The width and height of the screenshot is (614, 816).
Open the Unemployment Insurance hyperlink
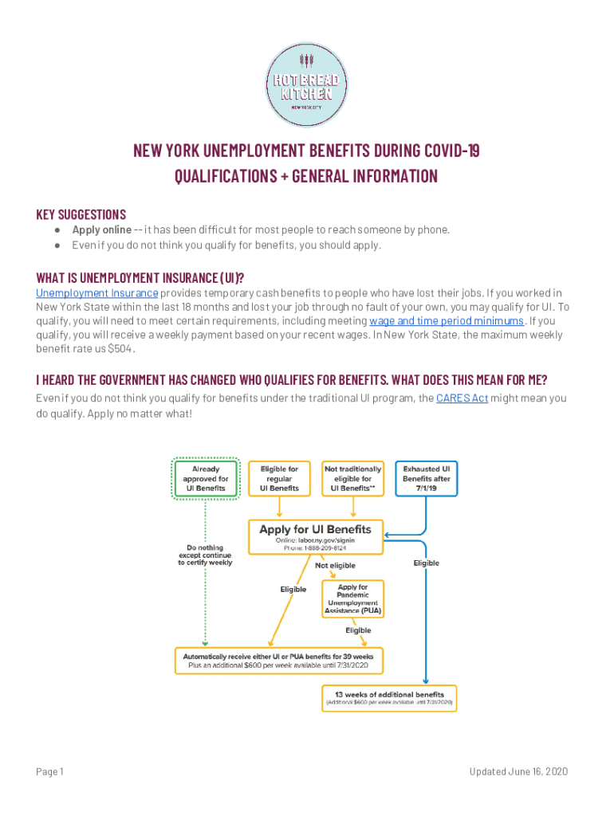pyautogui.click(x=96, y=293)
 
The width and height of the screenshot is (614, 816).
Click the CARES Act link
pyautogui.click(x=462, y=398)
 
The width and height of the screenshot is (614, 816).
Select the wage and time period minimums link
pyautogui.click(x=447, y=321)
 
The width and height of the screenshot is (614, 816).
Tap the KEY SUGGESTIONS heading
pyautogui.click(x=81, y=214)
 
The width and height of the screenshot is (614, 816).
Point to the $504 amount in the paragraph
pyautogui.click(x=122, y=349)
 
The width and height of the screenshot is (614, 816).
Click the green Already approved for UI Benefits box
pyautogui.click(x=206, y=479)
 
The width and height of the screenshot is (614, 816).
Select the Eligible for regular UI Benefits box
pyautogui.click(x=278, y=479)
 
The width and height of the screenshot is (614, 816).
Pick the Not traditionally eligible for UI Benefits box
pyautogui.click(x=352, y=479)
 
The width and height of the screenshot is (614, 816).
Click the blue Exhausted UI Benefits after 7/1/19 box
pyautogui.click(x=427, y=479)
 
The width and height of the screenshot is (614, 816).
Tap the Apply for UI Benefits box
pyautogui.click(x=315, y=538)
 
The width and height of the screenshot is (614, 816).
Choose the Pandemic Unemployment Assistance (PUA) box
pyautogui.click(x=352, y=598)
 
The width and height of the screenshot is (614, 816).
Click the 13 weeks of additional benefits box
pyautogui.click(x=388, y=698)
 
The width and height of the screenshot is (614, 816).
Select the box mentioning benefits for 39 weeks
pyautogui.click(x=285, y=659)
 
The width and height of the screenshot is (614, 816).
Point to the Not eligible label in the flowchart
pyautogui.click(x=335, y=566)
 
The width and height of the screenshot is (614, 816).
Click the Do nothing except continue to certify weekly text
pyautogui.click(x=205, y=555)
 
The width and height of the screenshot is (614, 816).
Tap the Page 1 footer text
pyautogui.click(x=50, y=772)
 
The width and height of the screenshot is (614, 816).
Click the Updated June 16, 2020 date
pyautogui.click(x=518, y=772)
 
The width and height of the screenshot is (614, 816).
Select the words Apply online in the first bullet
pyautogui.click(x=102, y=230)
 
